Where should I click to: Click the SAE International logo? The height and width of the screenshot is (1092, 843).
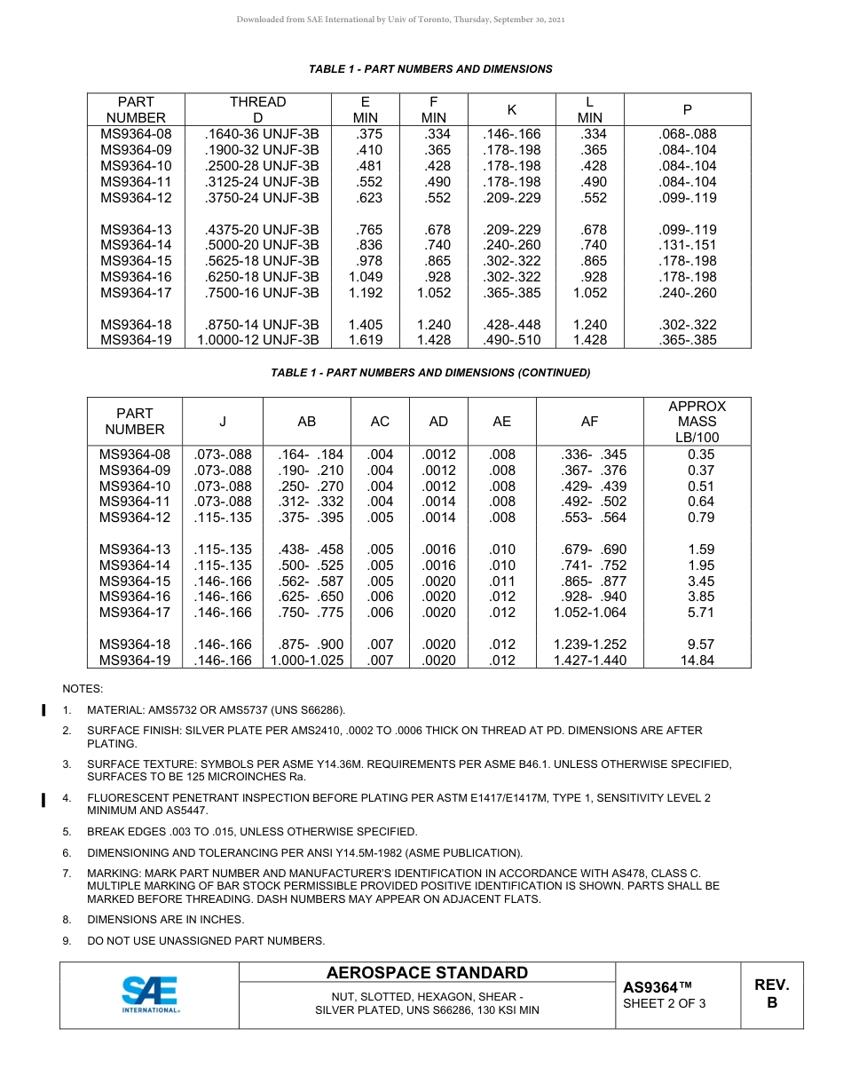click(150, 994)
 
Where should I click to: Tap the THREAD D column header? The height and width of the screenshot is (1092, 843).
click(257, 110)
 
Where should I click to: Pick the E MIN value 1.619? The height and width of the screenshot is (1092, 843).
click(365, 340)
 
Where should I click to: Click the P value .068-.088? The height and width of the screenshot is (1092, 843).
click(688, 134)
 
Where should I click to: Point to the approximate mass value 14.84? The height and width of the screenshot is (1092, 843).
click(697, 661)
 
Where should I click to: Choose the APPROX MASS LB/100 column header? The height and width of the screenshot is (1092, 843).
click(697, 422)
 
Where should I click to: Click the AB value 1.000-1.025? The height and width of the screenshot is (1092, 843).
click(306, 661)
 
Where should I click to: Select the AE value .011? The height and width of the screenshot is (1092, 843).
click(501, 582)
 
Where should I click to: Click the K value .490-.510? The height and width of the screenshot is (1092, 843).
click(512, 340)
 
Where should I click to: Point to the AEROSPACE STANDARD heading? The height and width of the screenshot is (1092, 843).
click(427, 973)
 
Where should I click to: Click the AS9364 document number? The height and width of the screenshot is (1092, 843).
click(657, 987)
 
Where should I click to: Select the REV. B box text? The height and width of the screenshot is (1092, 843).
click(771, 993)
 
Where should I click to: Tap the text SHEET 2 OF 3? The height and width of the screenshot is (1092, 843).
click(665, 1004)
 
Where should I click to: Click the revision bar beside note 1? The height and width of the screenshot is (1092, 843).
click(43, 710)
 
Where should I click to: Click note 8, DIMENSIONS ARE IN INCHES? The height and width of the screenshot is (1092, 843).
click(165, 920)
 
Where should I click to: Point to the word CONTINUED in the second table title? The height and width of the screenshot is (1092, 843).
click(554, 373)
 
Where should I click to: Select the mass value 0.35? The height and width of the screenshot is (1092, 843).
click(700, 455)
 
